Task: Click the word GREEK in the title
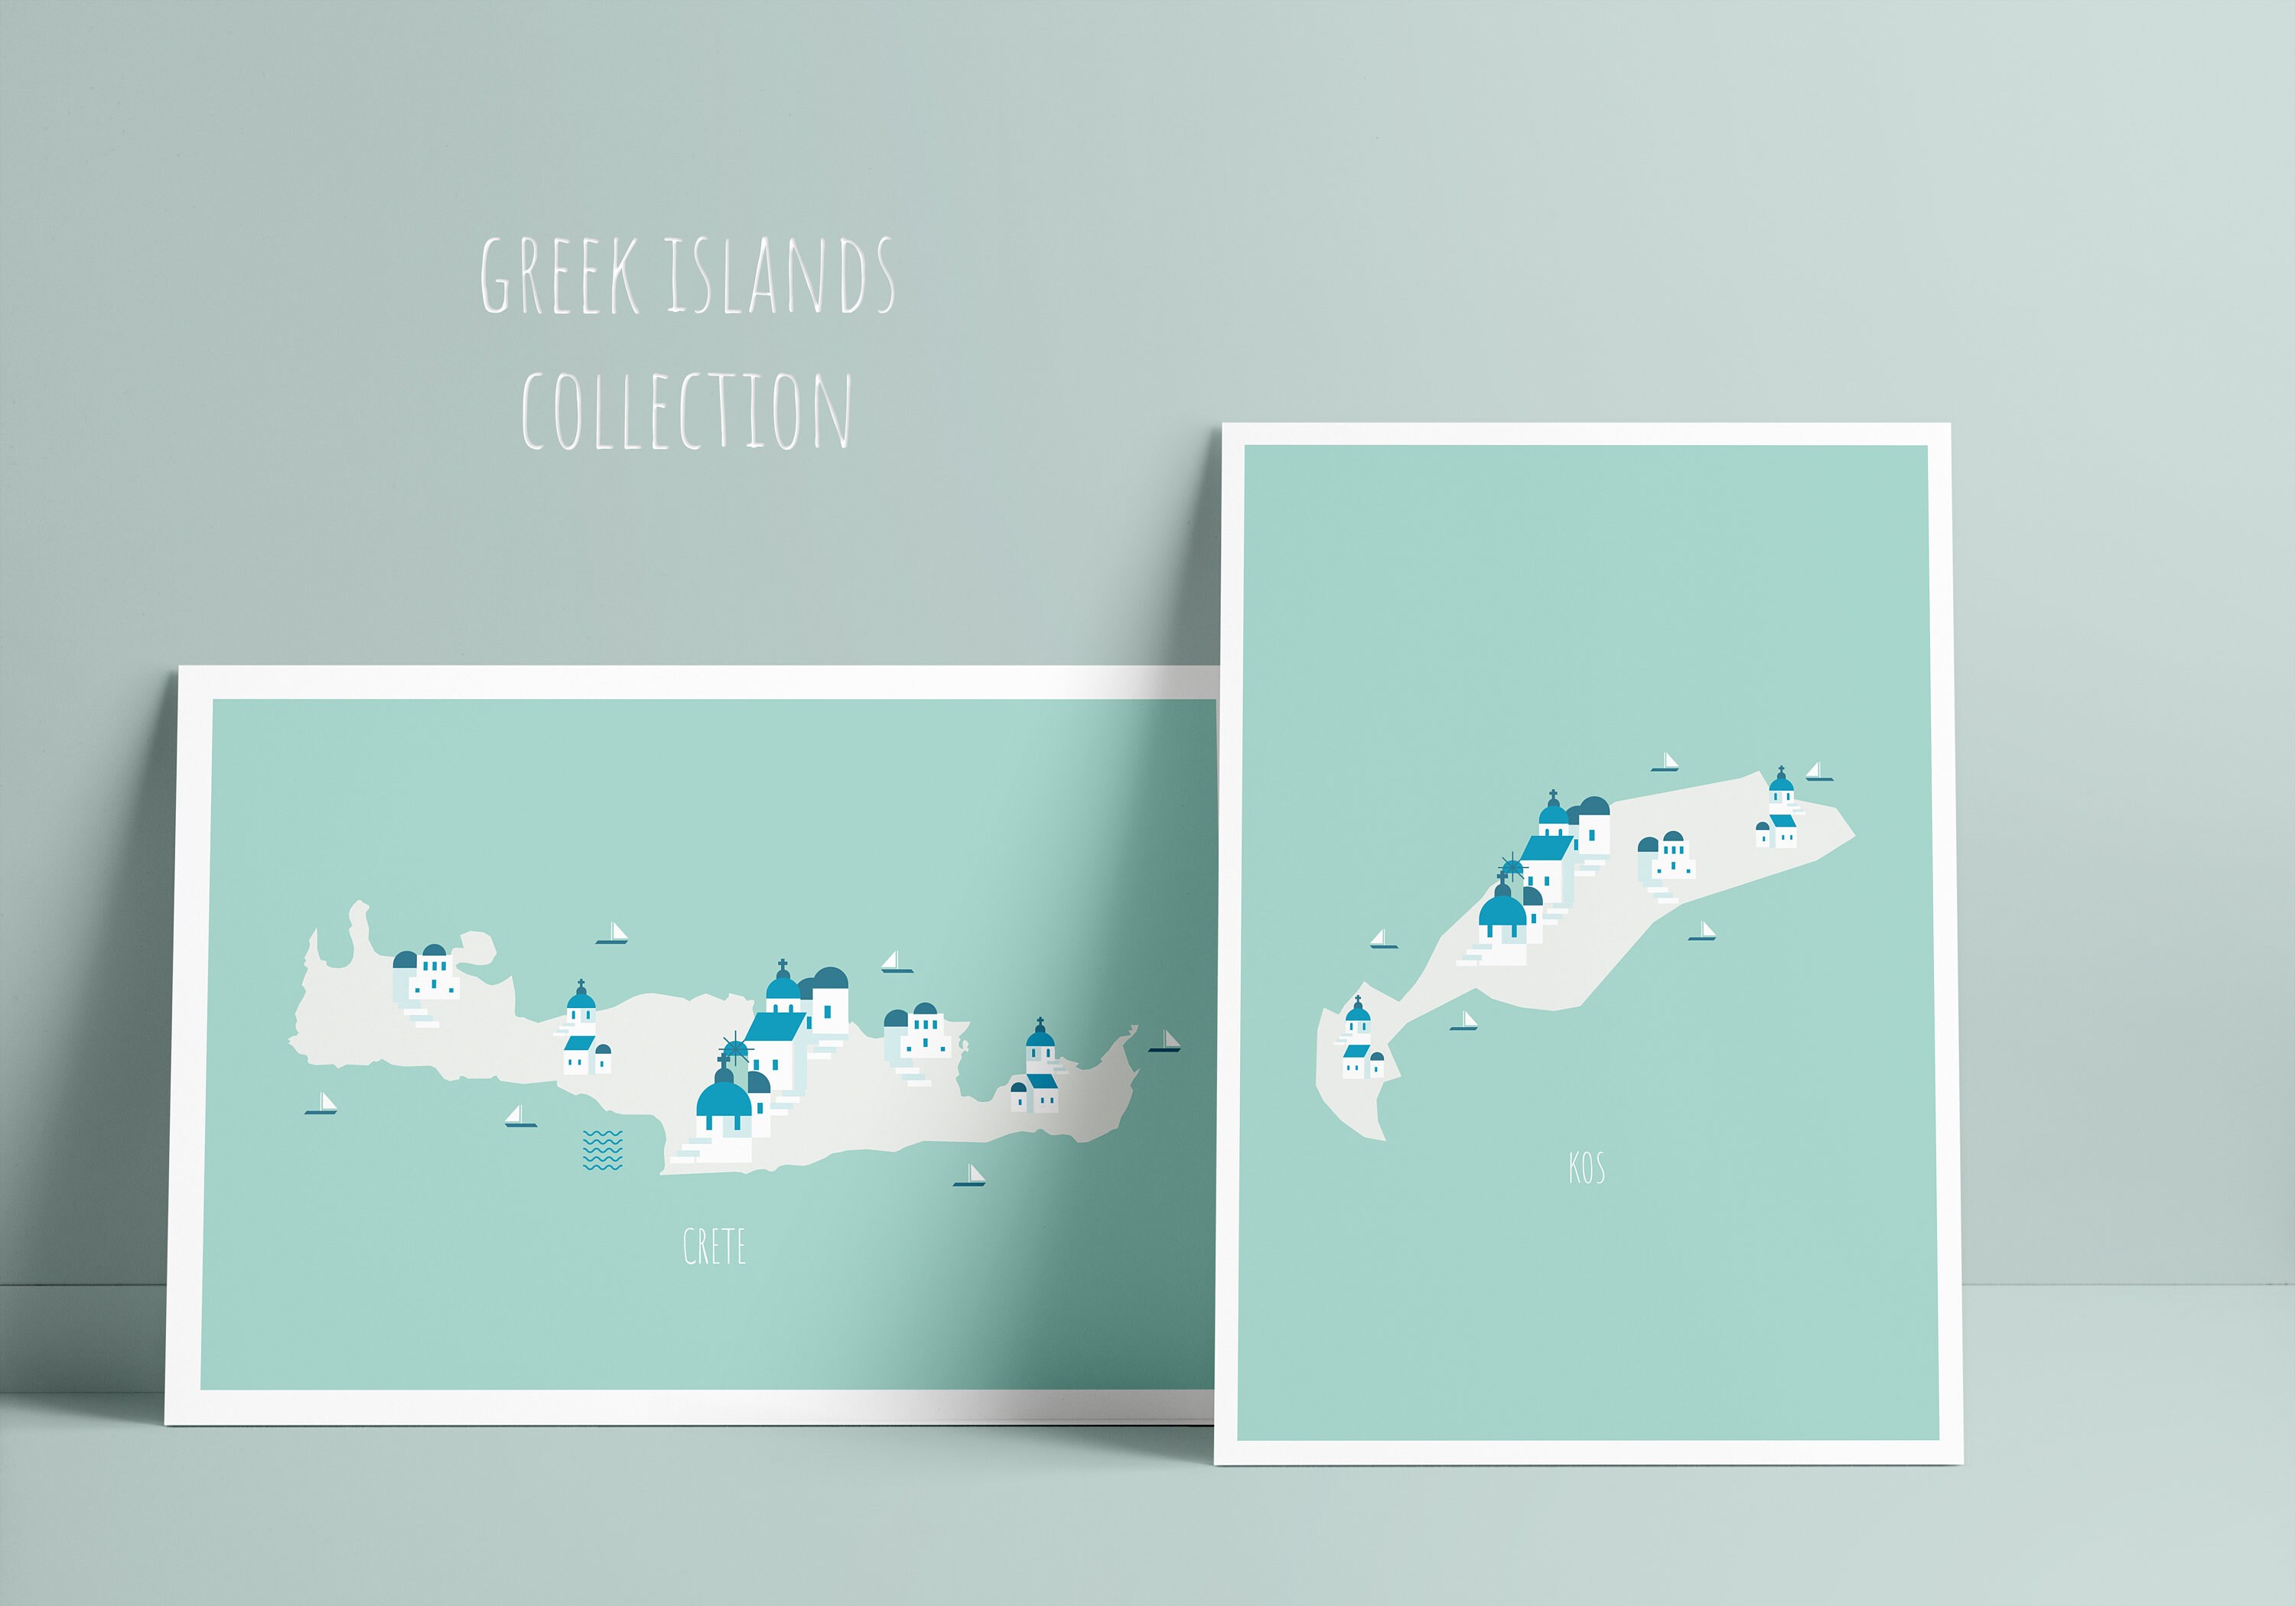click(x=560, y=276)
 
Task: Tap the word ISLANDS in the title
click(x=780, y=276)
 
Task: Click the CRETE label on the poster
click(x=714, y=1247)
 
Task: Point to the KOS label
click(x=1587, y=1167)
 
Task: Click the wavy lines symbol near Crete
click(x=602, y=1150)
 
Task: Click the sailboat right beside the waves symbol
click(x=519, y=1117)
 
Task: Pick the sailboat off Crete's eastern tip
click(x=1167, y=1042)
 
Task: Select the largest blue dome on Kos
click(x=1502, y=910)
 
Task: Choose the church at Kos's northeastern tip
click(x=1778, y=811)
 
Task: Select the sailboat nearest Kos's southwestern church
click(x=1464, y=1022)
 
